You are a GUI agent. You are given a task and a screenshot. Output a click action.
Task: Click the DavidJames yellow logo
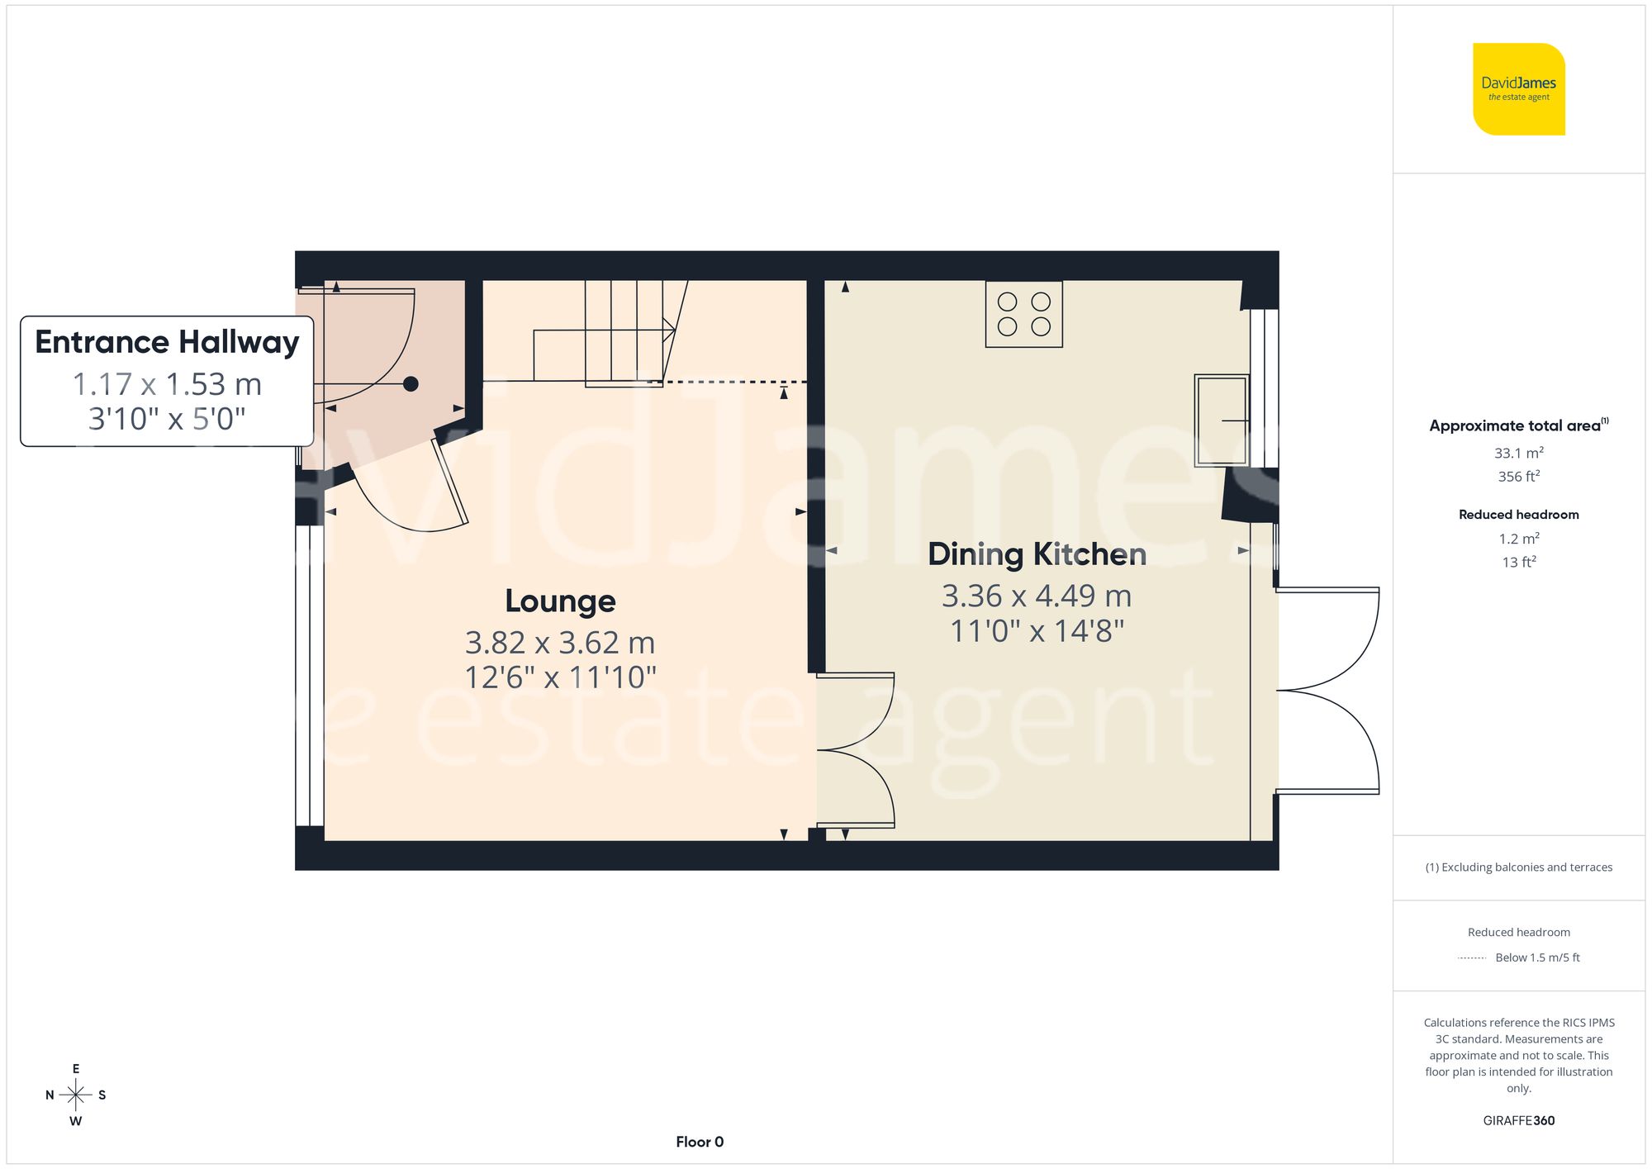[1518, 89]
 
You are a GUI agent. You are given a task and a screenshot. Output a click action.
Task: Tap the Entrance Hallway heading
[167, 342]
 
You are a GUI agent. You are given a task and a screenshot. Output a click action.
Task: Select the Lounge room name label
[560, 601]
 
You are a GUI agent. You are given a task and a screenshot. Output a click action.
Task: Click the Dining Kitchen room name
[1037, 554]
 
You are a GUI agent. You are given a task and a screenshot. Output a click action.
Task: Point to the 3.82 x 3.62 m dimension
[560, 643]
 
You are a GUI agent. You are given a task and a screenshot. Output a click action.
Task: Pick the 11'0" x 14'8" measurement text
[1037, 631]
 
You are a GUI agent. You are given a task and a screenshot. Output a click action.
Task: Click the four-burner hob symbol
[1023, 314]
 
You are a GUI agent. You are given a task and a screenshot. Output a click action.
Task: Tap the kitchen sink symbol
[1222, 421]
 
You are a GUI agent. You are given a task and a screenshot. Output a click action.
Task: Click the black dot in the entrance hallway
[411, 383]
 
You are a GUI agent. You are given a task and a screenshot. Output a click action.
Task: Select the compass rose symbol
[76, 1095]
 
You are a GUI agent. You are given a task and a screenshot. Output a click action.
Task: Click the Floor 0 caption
[700, 1142]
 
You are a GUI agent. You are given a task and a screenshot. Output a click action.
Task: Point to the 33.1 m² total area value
[1518, 453]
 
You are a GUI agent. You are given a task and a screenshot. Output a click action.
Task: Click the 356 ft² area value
[1518, 477]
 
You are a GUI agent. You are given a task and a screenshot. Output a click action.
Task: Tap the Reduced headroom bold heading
[1518, 515]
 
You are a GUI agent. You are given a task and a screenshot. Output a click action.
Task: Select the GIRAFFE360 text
[1518, 1120]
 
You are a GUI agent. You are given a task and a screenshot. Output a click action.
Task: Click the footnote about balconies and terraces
[1518, 867]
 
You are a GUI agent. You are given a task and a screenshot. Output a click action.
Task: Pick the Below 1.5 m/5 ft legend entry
[1537, 958]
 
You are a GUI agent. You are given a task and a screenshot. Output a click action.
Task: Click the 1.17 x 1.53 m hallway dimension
[167, 384]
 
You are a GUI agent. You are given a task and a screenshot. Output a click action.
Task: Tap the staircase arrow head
[670, 330]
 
